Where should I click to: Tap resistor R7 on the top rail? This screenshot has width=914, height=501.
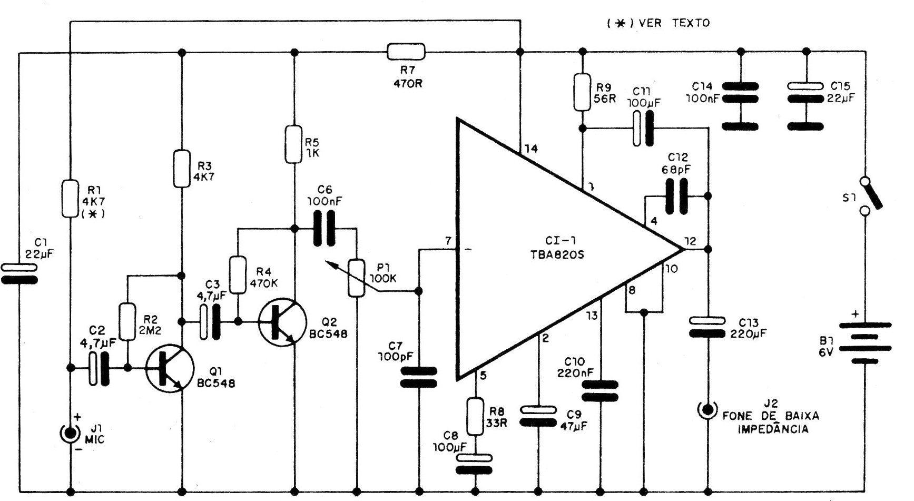[406, 52]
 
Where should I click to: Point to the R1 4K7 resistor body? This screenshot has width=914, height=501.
[70, 199]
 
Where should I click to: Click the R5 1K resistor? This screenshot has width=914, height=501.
[294, 144]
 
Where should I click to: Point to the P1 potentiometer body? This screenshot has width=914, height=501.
[357, 277]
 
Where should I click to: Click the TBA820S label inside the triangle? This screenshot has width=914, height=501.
[559, 254]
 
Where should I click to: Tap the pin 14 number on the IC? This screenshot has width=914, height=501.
[531, 149]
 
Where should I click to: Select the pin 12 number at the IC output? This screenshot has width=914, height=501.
[690, 241]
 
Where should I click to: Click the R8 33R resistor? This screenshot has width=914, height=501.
[476, 416]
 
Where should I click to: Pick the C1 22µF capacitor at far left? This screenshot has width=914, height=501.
[19, 274]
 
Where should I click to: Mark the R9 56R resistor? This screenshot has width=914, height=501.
[582, 92]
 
